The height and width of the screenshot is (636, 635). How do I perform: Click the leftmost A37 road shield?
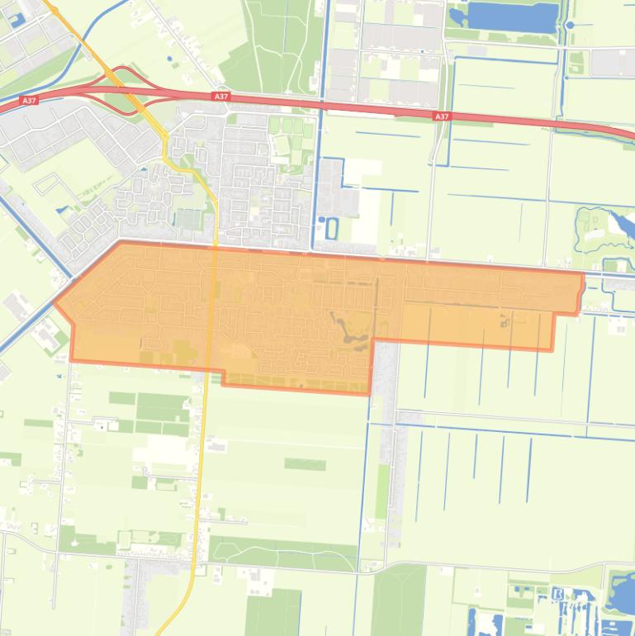click(30, 100)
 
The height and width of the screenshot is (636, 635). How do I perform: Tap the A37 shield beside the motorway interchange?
click(220, 97)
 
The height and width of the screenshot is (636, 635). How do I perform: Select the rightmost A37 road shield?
click(442, 116)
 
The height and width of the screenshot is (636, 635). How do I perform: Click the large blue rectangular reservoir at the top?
click(513, 17)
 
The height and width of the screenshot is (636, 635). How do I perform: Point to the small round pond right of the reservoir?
click(570, 26)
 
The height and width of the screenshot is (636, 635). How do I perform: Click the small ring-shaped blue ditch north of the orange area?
click(332, 227)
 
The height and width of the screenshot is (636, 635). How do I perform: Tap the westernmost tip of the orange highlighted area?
click(55, 302)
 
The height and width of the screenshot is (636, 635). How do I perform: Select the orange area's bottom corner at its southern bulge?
click(369, 394)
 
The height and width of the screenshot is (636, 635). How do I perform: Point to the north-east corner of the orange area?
click(584, 274)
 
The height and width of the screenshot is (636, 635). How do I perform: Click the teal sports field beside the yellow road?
click(188, 220)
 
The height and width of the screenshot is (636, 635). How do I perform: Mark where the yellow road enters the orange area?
click(215, 245)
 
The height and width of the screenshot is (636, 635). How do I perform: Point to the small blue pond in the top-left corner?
click(16, 20)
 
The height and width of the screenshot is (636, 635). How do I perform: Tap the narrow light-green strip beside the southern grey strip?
click(382, 491)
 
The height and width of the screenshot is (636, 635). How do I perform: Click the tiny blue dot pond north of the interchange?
click(170, 59)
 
